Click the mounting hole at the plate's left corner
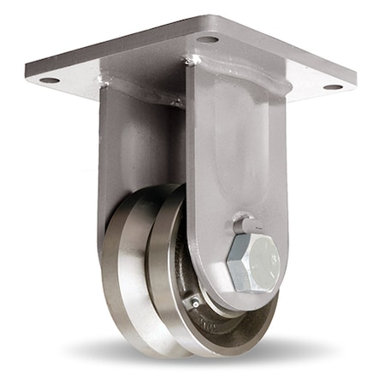pos(49,80)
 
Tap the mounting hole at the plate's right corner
pos(332,86)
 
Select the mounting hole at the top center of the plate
pos(207,38)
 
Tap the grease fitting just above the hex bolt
pos(242,225)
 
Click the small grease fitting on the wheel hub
pos(196,301)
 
